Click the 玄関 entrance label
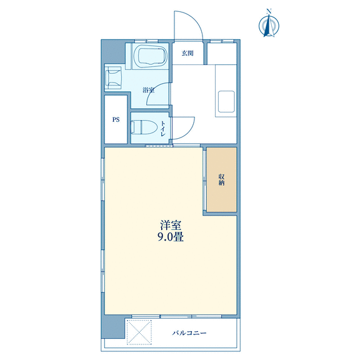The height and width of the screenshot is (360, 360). click(187, 53)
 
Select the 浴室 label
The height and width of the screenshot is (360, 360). click(148, 90)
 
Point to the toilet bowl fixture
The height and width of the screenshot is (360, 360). click(144, 127)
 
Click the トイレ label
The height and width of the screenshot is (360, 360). click(162, 129)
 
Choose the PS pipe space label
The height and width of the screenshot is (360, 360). click(116, 119)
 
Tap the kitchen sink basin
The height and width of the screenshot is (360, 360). click(226, 101)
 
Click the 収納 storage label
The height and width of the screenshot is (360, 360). click(221, 180)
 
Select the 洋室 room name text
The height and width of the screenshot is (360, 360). click(171, 225)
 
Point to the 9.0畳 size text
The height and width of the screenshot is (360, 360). click(171, 237)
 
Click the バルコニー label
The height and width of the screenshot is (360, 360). click(189, 332)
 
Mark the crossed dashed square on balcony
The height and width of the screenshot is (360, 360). click(139, 332)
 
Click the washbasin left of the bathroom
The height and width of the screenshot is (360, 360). click(113, 78)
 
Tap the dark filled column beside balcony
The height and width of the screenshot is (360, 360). click(112, 326)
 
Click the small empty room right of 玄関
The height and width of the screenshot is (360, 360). click(222, 54)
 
